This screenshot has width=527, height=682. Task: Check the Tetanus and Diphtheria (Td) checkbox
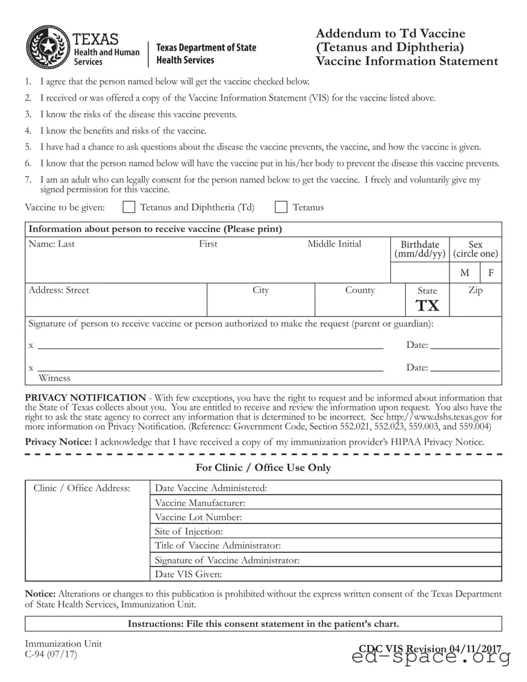coord(129,207)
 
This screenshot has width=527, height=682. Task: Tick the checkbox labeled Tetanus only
coord(281,207)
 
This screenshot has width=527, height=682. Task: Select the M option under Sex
coord(465,273)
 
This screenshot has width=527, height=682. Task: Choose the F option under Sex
coord(491,273)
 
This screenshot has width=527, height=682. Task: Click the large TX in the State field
coord(428,305)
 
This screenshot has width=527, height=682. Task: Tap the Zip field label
coord(475,290)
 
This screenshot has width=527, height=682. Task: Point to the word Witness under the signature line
coord(55,378)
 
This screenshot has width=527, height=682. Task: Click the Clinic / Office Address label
coord(82,488)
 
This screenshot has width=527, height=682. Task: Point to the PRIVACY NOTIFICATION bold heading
coord(85,398)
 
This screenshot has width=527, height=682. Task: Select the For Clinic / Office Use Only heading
coord(263,468)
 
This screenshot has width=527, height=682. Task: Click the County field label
coord(360,290)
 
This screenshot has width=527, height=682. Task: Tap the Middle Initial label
coord(334,244)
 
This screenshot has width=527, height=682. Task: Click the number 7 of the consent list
coord(28,180)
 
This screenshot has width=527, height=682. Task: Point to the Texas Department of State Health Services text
coord(205,54)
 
